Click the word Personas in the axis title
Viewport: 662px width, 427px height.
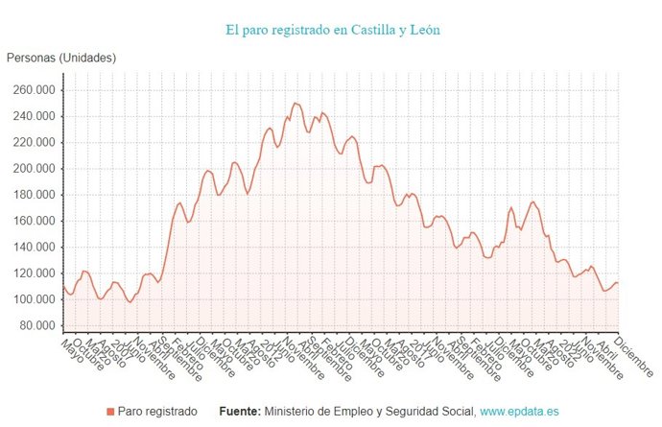tap(31, 58)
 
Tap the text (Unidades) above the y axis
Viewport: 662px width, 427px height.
tap(87, 58)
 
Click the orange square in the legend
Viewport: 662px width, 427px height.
tap(109, 411)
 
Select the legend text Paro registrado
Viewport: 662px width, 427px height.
tap(157, 411)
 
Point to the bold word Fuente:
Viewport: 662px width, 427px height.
tap(239, 411)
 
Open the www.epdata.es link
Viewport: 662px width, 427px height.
tap(519, 411)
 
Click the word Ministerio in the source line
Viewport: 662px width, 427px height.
tap(294, 411)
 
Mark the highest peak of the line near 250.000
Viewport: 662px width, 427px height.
tap(295, 103)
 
